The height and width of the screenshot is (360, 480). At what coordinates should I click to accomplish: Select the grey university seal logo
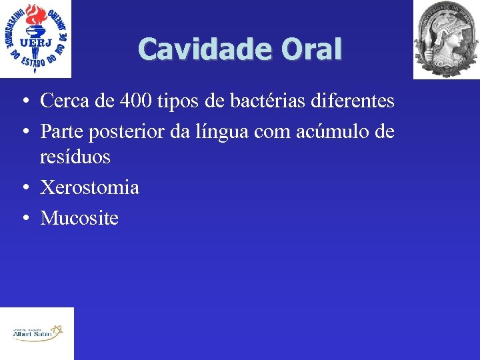coord(445,39)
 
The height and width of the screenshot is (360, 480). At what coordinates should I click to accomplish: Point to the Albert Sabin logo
coord(37,332)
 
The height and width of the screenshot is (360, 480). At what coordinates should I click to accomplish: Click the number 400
coord(129,101)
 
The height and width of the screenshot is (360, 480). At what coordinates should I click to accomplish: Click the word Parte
coord(61,131)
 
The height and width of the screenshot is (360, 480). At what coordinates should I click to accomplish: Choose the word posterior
coord(123,132)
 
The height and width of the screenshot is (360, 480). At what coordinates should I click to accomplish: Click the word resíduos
coord(75,157)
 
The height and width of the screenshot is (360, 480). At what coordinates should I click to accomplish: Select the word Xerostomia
coord(90,187)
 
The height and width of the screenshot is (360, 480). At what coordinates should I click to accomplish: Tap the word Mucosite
coord(79,217)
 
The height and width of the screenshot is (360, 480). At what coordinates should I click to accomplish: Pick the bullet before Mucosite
coord(23,219)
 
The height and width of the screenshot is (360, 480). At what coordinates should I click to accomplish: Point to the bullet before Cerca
coord(23,103)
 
